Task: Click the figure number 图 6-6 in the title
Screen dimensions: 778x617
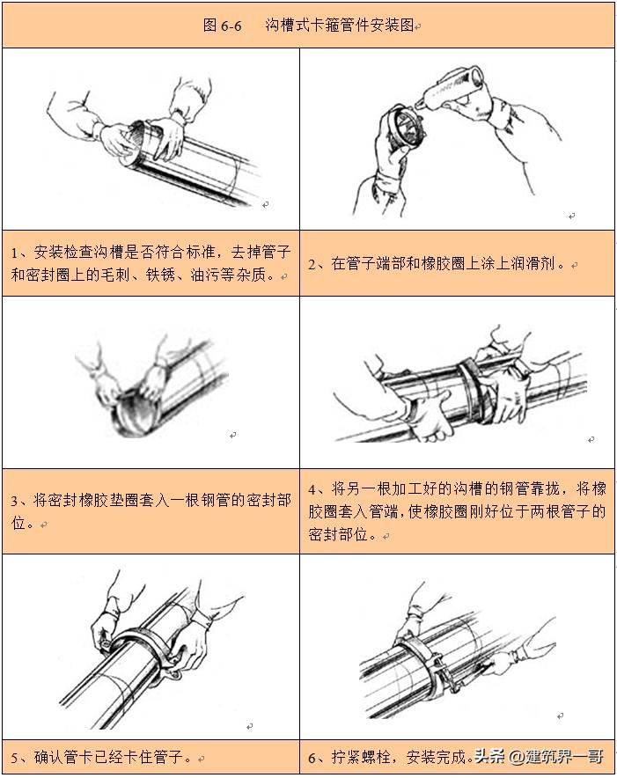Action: click(x=222, y=25)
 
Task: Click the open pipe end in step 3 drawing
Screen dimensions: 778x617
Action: click(x=129, y=414)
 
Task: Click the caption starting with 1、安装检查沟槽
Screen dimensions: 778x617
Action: click(x=150, y=263)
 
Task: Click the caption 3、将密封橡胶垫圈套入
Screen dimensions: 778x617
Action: click(x=150, y=510)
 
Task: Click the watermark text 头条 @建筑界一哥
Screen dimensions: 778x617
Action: click(x=538, y=756)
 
